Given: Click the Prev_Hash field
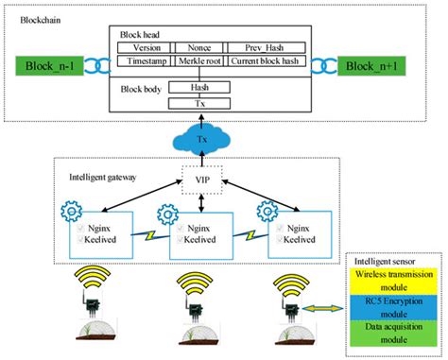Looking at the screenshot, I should pos(266,47).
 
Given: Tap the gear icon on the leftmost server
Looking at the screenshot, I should pos(67,210).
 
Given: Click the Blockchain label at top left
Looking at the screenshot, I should pos(26,20).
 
